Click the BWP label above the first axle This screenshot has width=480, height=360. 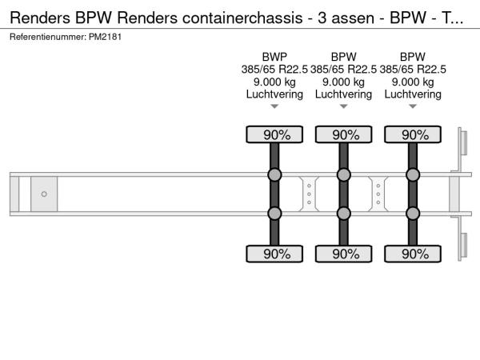[x=274, y=56]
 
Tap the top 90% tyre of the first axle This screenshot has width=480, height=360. [x=274, y=135]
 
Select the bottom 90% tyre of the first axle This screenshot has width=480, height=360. [x=274, y=254]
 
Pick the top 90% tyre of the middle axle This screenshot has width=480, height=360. [x=343, y=135]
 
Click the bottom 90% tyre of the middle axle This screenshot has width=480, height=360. [x=343, y=254]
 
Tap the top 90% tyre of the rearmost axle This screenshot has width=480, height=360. [x=413, y=135]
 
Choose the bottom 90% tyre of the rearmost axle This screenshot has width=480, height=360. [x=413, y=254]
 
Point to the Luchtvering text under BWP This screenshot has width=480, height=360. [x=274, y=94]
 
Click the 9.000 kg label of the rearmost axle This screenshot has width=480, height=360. [x=413, y=82]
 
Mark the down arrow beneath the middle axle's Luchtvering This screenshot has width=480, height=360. [x=343, y=106]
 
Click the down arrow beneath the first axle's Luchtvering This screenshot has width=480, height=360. [x=274, y=106]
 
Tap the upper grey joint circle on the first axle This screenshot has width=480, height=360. [x=274, y=175]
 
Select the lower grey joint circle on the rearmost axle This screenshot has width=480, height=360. [x=413, y=214]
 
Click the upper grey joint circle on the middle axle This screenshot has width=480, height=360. [x=343, y=175]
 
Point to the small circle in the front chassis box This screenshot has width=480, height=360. [x=44, y=194]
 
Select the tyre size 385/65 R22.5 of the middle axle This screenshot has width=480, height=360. [x=343, y=69]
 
